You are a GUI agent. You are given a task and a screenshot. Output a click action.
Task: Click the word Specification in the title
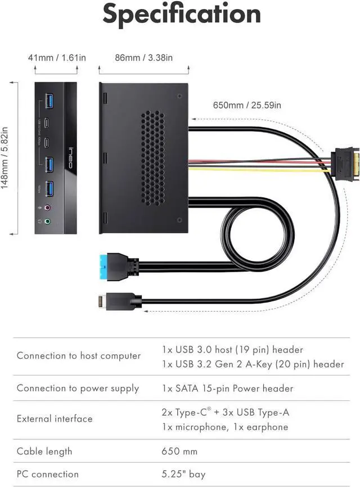point(181,15)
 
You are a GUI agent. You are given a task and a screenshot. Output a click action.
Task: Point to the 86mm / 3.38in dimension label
point(143,57)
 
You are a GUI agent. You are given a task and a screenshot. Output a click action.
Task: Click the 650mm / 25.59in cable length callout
point(247,105)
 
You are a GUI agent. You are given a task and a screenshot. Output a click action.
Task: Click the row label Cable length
point(44,451)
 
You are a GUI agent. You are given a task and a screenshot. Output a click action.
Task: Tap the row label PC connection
point(48,474)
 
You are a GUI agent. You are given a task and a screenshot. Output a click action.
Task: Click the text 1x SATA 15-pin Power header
point(227,388)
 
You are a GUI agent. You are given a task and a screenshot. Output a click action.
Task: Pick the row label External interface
point(55,418)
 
